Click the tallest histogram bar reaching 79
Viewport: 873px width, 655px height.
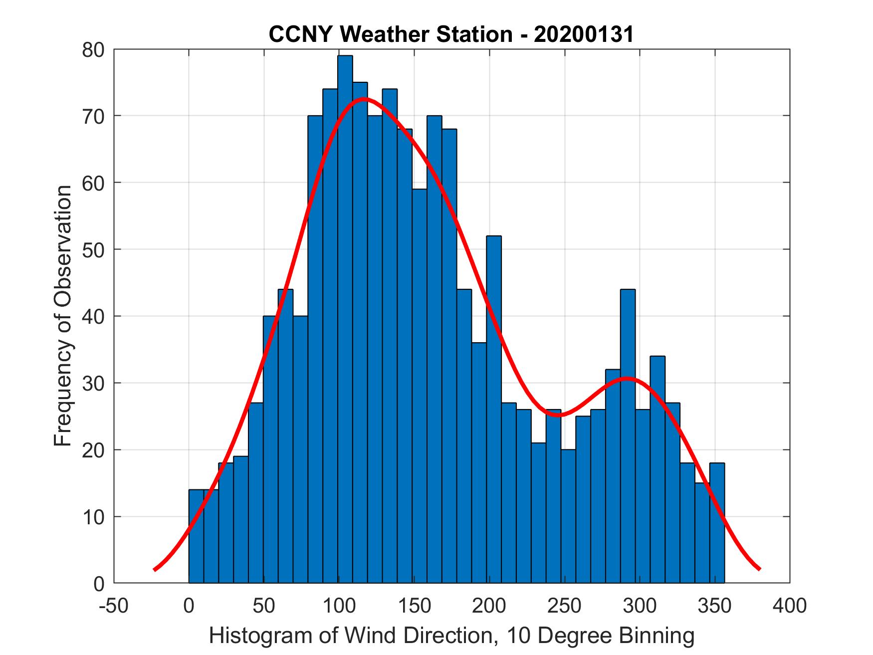point(345,319)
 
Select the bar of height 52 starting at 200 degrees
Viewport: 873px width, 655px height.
point(493,409)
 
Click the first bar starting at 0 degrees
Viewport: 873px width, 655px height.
point(196,536)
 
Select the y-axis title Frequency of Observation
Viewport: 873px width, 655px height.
point(63,316)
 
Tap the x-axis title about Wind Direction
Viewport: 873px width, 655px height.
point(451,636)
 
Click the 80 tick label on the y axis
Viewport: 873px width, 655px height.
point(93,50)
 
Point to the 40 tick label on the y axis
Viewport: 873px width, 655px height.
point(93,316)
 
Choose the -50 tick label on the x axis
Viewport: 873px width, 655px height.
point(114,606)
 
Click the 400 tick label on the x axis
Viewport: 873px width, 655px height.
point(790,606)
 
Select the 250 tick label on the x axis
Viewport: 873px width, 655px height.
point(564,606)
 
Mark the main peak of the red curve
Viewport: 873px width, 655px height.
point(364,98)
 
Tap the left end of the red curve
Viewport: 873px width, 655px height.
point(155,569)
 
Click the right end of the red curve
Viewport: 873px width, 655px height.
point(759,569)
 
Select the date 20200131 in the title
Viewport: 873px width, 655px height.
point(584,35)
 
